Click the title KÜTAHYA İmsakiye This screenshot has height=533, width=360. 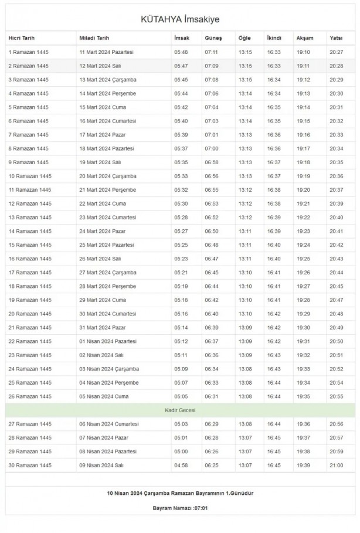(x=180, y=20)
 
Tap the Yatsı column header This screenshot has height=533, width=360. (x=336, y=38)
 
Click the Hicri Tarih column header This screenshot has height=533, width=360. (x=22, y=38)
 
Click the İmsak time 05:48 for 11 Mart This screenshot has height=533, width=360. (x=181, y=52)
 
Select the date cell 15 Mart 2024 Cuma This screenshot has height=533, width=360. (x=103, y=107)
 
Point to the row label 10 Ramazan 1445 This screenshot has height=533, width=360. (x=30, y=176)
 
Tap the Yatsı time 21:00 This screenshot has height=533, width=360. (x=336, y=465)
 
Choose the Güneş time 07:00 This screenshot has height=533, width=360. (x=211, y=148)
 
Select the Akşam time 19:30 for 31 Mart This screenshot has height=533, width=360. (x=303, y=327)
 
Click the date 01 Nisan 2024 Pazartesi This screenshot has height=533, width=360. (x=108, y=341)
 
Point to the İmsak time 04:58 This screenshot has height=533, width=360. (x=181, y=465)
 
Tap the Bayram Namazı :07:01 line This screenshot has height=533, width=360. (x=180, y=508)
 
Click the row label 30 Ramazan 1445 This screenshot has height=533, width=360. (x=30, y=465)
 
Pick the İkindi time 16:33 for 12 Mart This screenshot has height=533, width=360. (x=274, y=66)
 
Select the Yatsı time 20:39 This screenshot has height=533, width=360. (x=336, y=203)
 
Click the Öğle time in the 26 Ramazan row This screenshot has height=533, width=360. (x=244, y=396)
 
